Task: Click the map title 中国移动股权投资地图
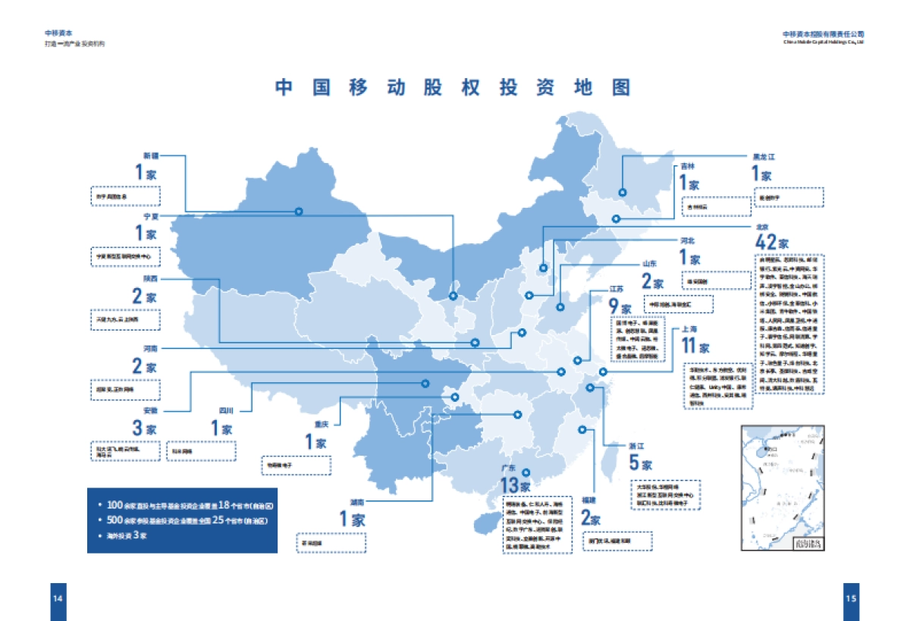click(x=453, y=87)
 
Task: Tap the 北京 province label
click(x=762, y=227)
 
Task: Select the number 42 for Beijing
click(x=767, y=243)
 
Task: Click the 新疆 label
click(x=152, y=155)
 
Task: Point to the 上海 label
click(x=689, y=329)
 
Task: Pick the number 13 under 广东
click(x=510, y=486)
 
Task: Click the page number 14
click(x=57, y=597)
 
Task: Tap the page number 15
click(x=851, y=597)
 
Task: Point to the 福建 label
click(x=588, y=501)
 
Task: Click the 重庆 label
click(x=321, y=424)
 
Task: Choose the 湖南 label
click(x=356, y=502)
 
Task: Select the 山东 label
click(x=650, y=264)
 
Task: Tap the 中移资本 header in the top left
click(x=58, y=33)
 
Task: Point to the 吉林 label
click(x=687, y=165)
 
